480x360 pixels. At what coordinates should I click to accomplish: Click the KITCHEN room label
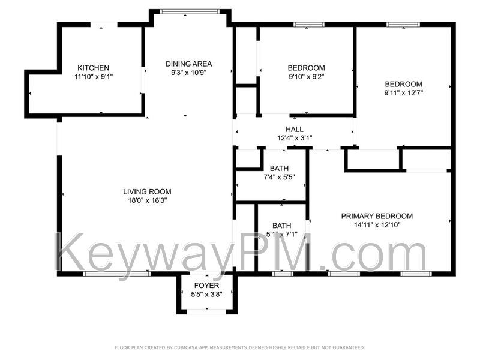[93, 68]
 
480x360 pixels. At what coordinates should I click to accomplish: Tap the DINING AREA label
[188, 64]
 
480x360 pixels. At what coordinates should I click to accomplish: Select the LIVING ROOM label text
[147, 191]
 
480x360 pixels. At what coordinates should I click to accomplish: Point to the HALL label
[295, 129]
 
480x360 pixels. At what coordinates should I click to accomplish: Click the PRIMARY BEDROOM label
[377, 216]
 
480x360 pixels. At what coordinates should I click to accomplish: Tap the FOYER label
[206, 286]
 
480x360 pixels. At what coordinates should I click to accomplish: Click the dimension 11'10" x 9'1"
[94, 77]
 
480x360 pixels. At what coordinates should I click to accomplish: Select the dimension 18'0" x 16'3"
[147, 200]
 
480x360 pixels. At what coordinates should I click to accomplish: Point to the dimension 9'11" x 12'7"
[403, 93]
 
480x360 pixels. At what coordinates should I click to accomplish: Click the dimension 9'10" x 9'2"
[306, 77]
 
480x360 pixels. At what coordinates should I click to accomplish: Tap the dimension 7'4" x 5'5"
[279, 177]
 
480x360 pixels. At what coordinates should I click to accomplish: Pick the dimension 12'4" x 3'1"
[295, 138]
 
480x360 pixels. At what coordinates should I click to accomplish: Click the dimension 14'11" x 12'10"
[377, 225]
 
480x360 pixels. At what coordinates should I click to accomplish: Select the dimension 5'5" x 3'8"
[206, 295]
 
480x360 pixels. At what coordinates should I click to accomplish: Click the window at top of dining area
[190, 11]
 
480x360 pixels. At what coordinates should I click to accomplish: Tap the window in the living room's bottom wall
[116, 274]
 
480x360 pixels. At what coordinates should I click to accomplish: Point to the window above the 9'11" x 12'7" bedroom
[403, 25]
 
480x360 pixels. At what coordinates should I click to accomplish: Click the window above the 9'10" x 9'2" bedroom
[308, 25]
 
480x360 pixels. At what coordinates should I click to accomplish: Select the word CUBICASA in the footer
[186, 347]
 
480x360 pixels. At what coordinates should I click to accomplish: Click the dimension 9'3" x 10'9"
[189, 73]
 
